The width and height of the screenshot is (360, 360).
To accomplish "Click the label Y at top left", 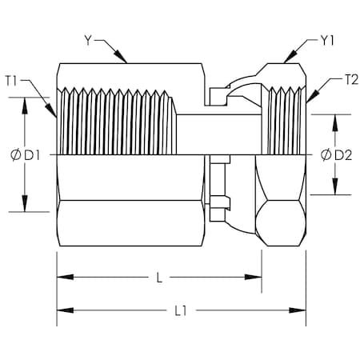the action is pyautogui.click(x=88, y=41).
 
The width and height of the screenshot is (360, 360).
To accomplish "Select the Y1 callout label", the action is pyautogui.click(x=327, y=41).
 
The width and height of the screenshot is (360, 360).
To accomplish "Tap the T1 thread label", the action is pyautogui.click(x=11, y=81).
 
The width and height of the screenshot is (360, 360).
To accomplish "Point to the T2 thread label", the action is pyautogui.click(x=352, y=80).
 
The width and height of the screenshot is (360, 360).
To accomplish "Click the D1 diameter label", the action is pyautogui.click(x=32, y=155).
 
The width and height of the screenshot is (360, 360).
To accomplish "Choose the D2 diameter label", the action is pyautogui.click(x=343, y=155).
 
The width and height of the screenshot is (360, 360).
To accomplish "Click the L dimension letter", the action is pyautogui.click(x=159, y=278).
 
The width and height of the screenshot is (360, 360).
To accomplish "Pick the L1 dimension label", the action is pyautogui.click(x=181, y=310).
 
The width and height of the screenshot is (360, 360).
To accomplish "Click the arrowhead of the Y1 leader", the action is pyautogui.click(x=290, y=57).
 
